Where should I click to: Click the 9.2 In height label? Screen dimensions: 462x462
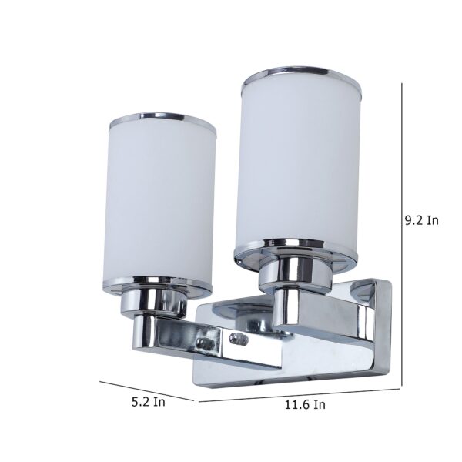422,220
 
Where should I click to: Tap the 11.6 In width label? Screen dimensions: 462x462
305,404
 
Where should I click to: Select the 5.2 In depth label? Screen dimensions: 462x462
148,402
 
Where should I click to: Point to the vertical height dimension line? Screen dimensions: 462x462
402,235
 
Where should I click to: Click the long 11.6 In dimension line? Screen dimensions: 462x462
299,396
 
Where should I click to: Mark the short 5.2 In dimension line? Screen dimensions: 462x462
146,391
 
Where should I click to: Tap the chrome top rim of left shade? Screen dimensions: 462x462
163,120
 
